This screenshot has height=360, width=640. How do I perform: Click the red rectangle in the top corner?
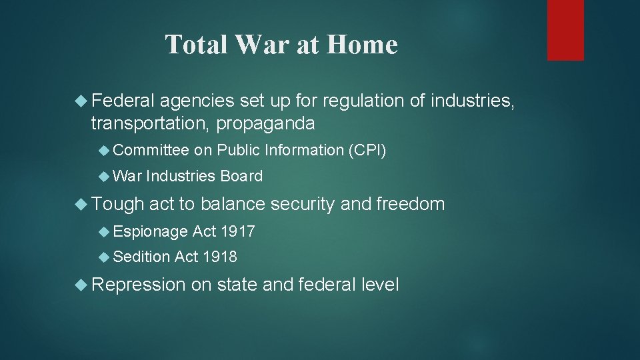(x=565, y=30)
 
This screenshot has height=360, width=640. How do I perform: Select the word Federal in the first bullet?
(x=123, y=101)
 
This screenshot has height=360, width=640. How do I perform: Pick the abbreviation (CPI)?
(x=367, y=151)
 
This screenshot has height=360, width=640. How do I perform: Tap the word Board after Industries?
(x=241, y=177)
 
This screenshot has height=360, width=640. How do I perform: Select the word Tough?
(x=117, y=204)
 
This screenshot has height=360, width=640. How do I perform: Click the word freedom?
(x=410, y=204)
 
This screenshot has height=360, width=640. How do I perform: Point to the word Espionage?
(x=151, y=231)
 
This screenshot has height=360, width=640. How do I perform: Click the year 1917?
(x=237, y=231)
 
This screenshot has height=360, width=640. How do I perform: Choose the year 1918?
(x=219, y=257)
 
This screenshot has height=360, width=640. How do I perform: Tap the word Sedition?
(x=141, y=257)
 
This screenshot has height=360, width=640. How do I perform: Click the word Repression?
(x=138, y=285)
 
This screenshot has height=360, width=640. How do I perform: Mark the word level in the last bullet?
(x=379, y=285)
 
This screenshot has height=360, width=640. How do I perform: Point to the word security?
(x=301, y=204)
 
